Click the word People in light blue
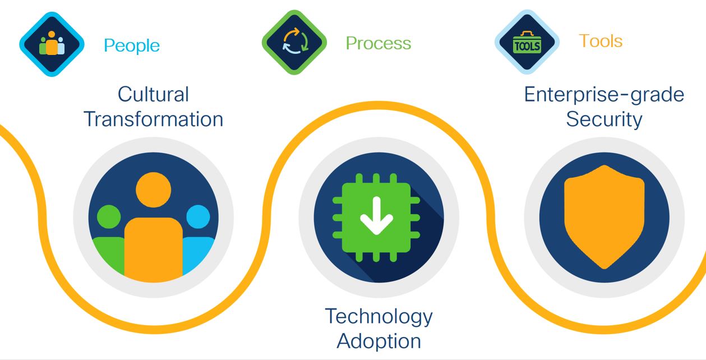(132, 46)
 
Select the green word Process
(379, 43)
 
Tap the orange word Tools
(601, 41)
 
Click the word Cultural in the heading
(154, 94)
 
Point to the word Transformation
(154, 119)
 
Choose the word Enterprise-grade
(604, 95)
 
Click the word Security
(604, 120)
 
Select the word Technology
(379, 317)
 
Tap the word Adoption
(379, 341)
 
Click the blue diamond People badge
(52, 44)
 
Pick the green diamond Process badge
(294, 42)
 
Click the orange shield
(604, 217)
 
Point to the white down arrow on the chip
(376, 216)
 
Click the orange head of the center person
(154, 190)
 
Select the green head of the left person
(109, 217)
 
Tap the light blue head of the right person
(199, 217)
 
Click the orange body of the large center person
(154, 250)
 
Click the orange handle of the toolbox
(527, 34)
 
